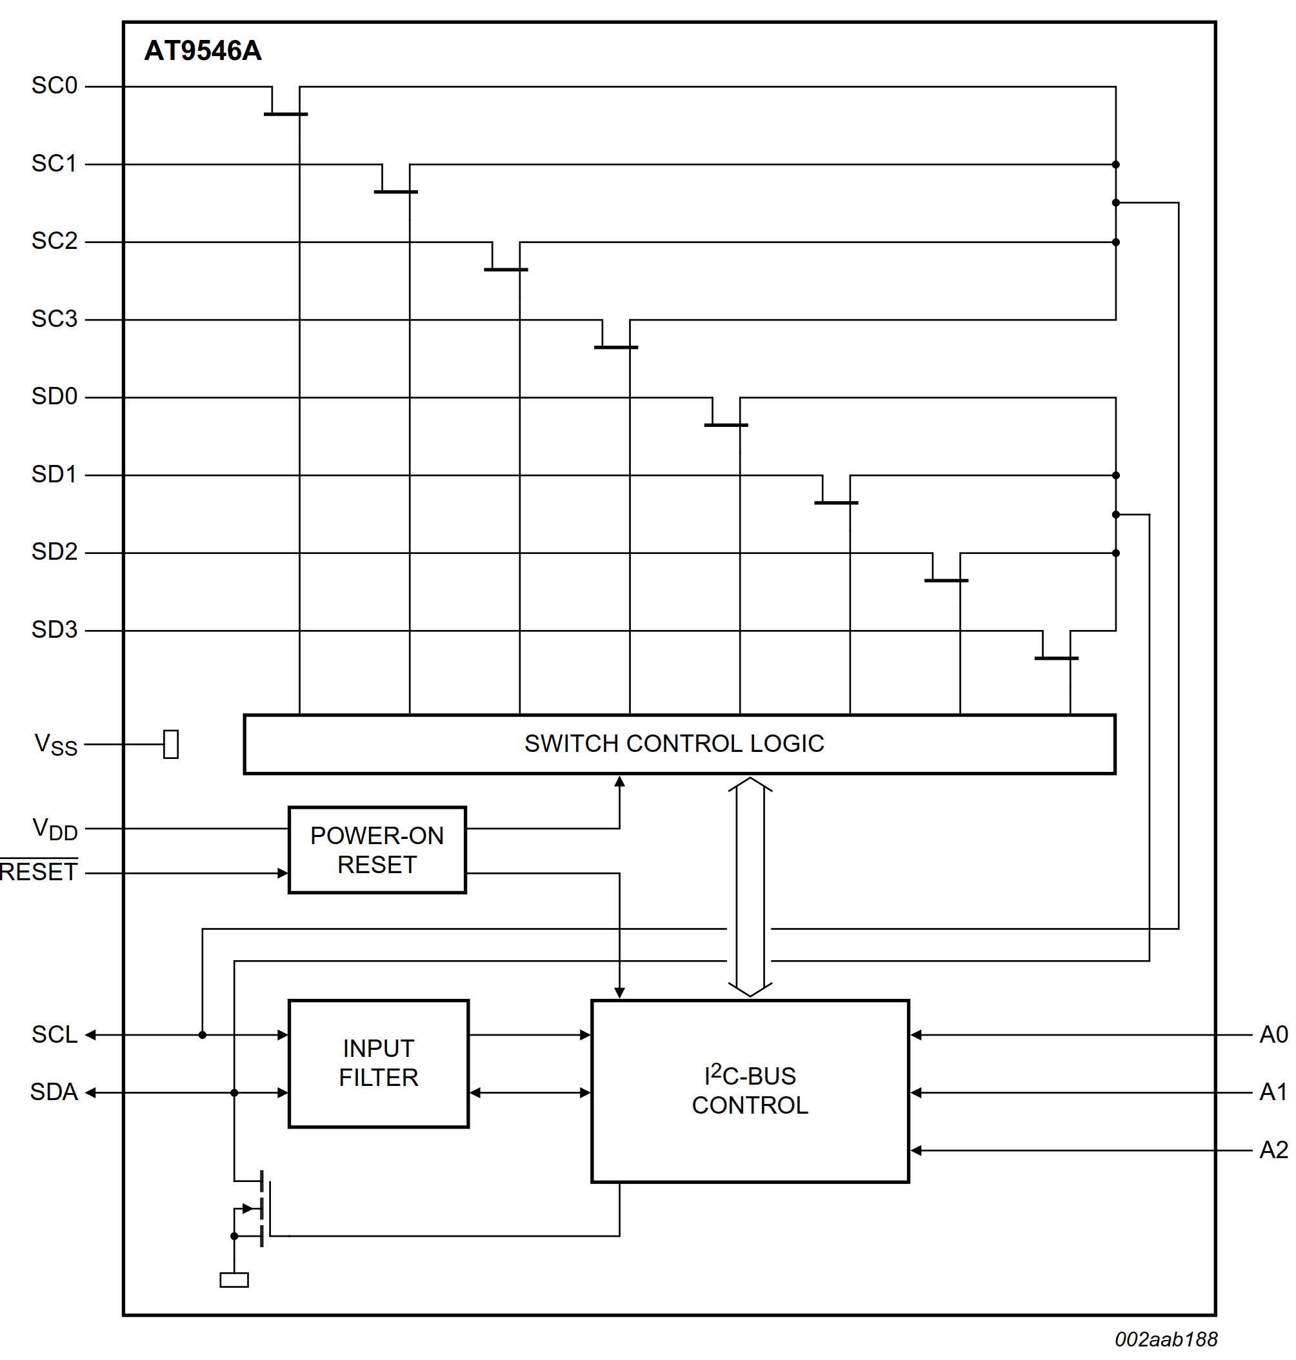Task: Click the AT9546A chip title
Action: click(x=203, y=51)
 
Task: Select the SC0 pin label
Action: click(x=54, y=86)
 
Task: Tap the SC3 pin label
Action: click(x=54, y=319)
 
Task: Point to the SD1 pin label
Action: click(x=54, y=475)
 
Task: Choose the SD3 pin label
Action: click(x=54, y=630)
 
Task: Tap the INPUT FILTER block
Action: click(x=378, y=1063)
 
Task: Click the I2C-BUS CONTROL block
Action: click(x=750, y=1090)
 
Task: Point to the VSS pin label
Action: click(x=55, y=745)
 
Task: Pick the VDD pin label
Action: click(x=55, y=829)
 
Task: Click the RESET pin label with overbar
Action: click(x=39, y=872)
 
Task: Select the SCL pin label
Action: click(x=54, y=1035)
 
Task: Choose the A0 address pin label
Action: click(x=1273, y=1035)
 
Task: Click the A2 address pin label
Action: click(x=1273, y=1150)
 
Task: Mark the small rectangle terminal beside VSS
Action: click(x=171, y=744)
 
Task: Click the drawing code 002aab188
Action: click(x=1166, y=1339)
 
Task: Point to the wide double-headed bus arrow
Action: click(x=750, y=886)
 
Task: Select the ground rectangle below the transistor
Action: click(x=234, y=1280)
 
